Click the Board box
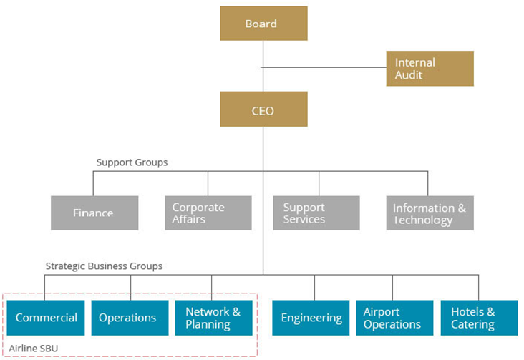(263, 24)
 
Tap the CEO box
(263, 110)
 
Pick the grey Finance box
(94, 213)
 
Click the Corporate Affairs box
(208, 213)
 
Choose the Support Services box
(316, 213)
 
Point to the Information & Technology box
(430, 213)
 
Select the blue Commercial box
(47, 318)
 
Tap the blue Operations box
(127, 318)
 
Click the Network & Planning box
(213, 318)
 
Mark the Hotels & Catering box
(479, 318)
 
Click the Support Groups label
(132, 162)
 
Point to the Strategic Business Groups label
(104, 266)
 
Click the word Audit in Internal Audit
(409, 75)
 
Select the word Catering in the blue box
(472, 325)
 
